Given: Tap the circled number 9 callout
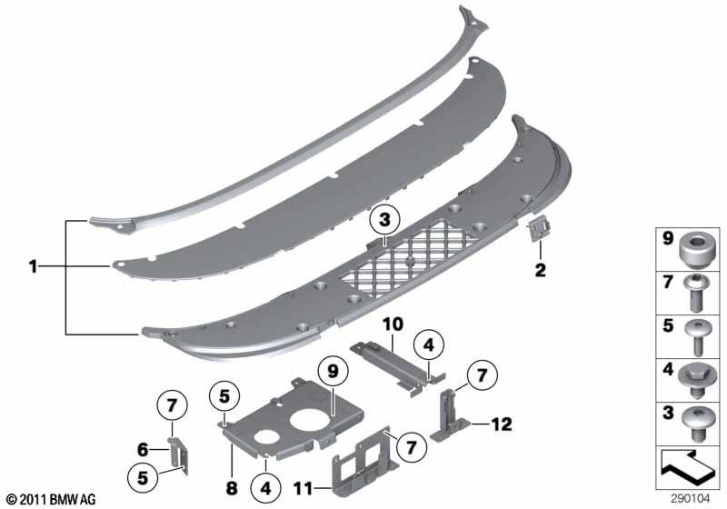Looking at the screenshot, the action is point(334,371).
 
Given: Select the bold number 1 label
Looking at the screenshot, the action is point(33,266).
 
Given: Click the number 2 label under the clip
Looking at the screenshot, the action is point(541,270).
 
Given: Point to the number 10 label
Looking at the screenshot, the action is point(393,324).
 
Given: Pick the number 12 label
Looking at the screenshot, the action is point(502,424).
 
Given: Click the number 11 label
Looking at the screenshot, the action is point(304,488).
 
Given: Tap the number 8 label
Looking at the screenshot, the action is point(232,488).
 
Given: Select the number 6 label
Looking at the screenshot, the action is point(143,449).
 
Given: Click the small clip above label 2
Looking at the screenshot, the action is point(539,230).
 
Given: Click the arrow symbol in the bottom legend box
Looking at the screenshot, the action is point(688,467).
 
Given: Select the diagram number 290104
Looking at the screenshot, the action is point(691,499).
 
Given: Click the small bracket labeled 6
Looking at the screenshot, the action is point(178,456).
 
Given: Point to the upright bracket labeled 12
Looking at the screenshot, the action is point(449,414).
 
